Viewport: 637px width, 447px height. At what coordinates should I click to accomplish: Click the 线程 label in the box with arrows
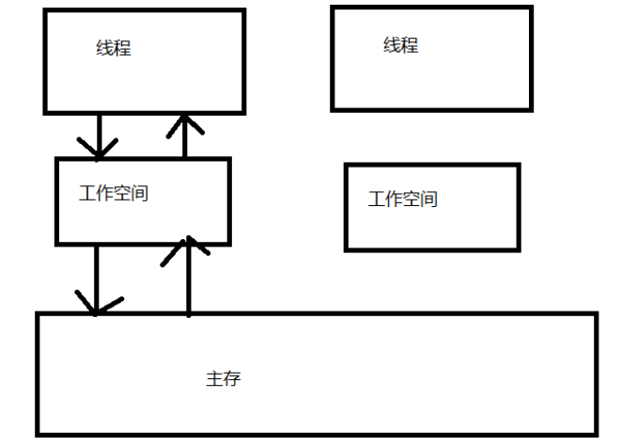coord(114,48)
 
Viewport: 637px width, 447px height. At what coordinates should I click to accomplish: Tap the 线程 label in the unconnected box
coord(401,44)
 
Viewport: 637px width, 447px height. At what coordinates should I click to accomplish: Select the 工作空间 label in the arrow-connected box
coord(114,194)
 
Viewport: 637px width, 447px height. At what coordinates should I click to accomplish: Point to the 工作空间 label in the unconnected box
coord(403,199)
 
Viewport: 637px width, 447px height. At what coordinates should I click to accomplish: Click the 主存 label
coord(224,379)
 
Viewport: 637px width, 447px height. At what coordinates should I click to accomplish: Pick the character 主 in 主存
coord(214,379)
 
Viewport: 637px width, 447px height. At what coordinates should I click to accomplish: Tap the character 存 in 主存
coord(232,379)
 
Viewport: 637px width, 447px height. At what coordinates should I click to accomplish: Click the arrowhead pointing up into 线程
coord(184,121)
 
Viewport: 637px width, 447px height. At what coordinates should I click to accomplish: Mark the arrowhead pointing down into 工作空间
coord(99,149)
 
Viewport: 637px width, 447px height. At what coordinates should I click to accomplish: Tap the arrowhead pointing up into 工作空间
coord(189,248)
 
